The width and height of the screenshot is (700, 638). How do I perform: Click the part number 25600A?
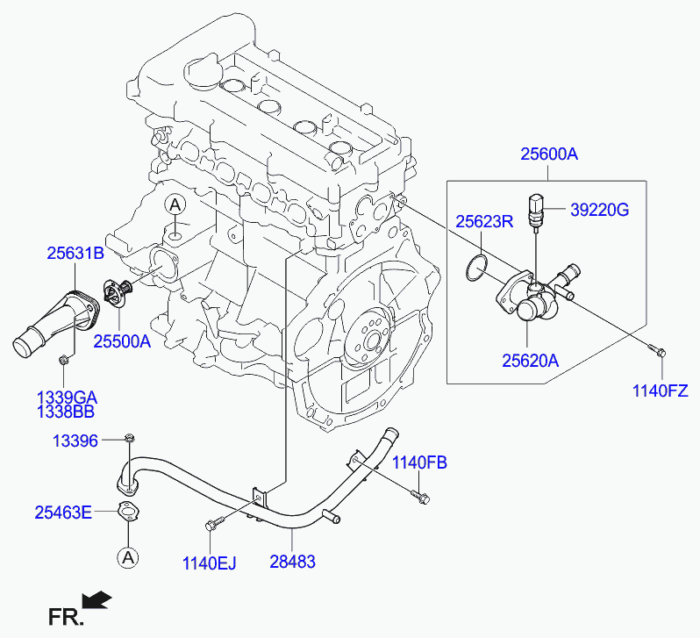click(548, 154)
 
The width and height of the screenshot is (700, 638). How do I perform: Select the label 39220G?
click(599, 210)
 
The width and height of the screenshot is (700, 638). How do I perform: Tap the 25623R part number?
click(484, 221)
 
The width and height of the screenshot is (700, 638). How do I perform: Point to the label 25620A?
click(531, 361)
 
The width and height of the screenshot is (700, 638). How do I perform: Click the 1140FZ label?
click(661, 391)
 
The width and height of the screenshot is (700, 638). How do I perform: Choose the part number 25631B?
click(75, 254)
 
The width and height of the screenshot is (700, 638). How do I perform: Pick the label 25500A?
click(122, 341)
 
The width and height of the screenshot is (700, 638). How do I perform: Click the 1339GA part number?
click(67, 398)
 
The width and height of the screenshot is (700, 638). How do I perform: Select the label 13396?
click(75, 441)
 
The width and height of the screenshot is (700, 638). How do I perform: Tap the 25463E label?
click(63, 513)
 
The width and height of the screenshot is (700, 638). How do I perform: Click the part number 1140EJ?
click(209, 563)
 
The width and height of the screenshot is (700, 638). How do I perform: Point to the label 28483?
click(292, 562)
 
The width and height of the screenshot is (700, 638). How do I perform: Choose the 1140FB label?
click(419, 462)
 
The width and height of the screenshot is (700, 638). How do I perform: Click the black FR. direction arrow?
click(97, 599)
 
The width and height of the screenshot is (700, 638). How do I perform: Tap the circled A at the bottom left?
click(128, 557)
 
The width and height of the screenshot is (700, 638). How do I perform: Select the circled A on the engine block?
click(175, 204)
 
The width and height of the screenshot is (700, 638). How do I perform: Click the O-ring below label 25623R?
click(477, 268)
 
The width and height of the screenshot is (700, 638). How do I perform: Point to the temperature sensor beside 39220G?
click(535, 211)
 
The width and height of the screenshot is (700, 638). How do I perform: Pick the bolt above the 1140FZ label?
click(657, 350)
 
